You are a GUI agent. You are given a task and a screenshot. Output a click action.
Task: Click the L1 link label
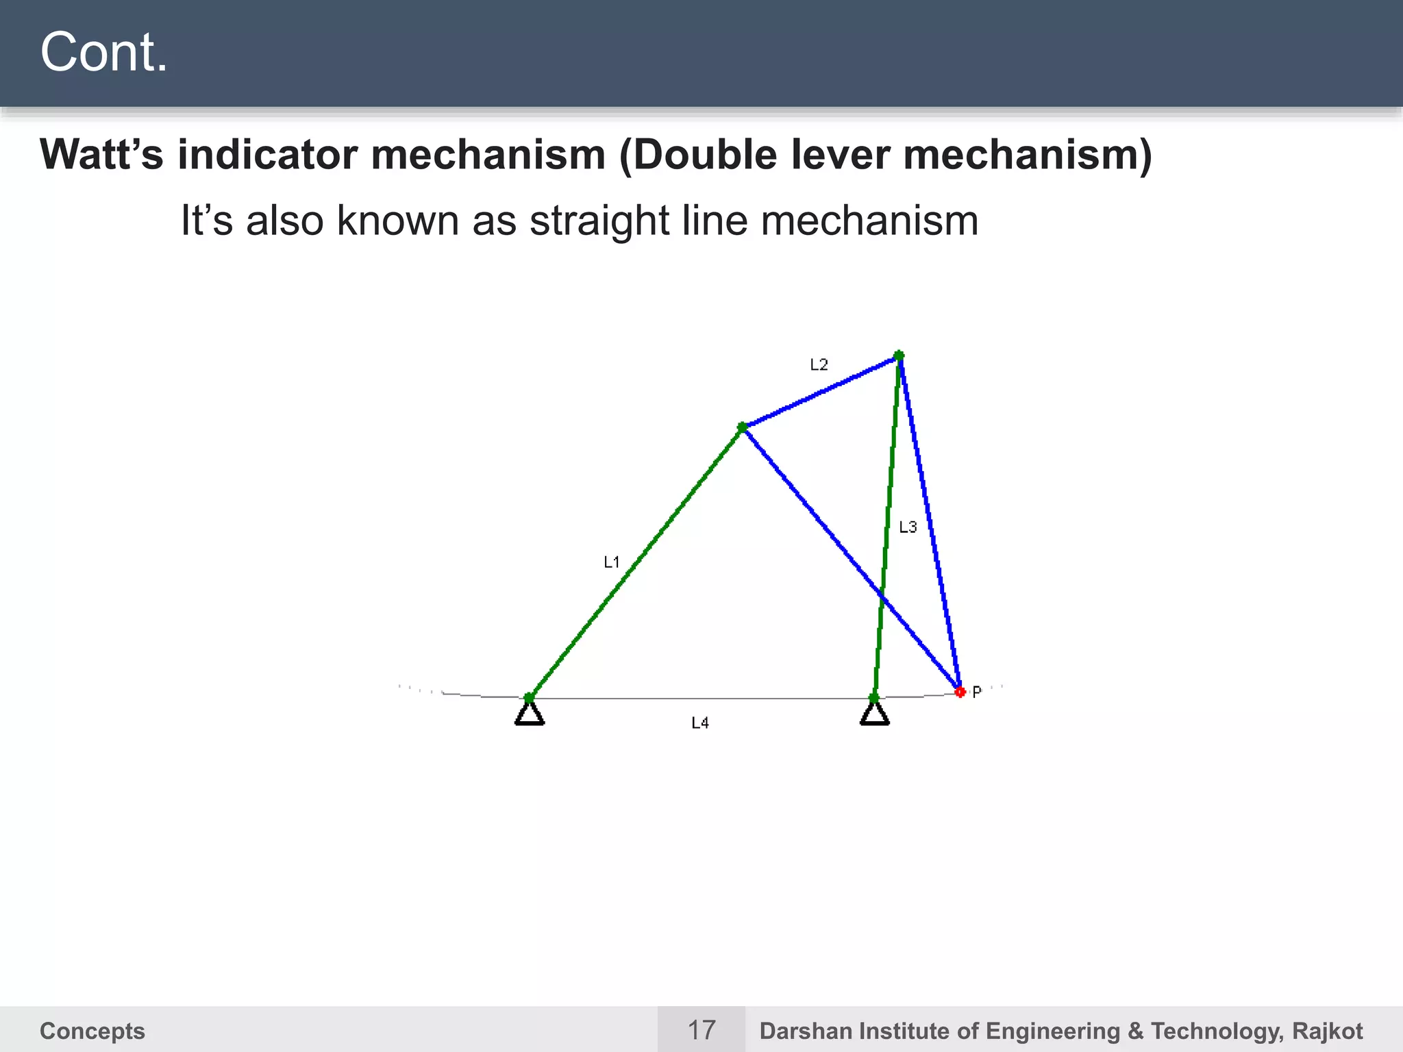point(611,562)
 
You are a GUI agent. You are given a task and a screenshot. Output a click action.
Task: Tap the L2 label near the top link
point(819,364)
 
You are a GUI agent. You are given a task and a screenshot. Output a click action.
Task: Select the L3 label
point(908,527)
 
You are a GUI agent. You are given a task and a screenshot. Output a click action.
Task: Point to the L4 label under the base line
point(699,723)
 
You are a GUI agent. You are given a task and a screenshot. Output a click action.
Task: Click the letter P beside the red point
point(977,692)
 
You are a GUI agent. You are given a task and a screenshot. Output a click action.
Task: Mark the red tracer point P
point(960,692)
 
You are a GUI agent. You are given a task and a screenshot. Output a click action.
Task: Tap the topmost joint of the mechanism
point(899,355)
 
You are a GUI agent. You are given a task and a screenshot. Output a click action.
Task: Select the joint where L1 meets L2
point(742,427)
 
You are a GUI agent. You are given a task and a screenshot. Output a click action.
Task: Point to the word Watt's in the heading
point(101,155)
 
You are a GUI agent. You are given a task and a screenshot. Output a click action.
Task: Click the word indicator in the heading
point(267,155)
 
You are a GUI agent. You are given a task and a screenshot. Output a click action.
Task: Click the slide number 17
point(701,1030)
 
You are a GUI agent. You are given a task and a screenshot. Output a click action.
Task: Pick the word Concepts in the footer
point(92,1031)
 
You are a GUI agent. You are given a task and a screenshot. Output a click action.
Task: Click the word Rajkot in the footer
point(1327,1031)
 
